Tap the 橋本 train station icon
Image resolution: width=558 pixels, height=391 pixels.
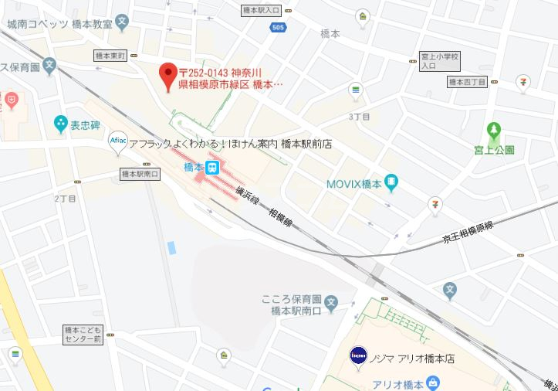pos(213,167)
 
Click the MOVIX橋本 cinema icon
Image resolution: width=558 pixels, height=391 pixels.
pos(391,183)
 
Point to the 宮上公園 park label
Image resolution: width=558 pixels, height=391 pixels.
pos(495,150)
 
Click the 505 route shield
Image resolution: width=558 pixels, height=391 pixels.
pos(277,28)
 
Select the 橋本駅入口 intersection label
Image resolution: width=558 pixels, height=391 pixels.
pos(260,11)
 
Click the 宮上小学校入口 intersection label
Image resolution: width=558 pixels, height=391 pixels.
pos(439,61)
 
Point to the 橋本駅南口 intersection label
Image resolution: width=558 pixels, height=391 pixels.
pos(140,175)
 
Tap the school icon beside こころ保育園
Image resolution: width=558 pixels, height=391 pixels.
pos(331,302)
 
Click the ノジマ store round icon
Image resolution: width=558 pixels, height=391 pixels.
pos(358,357)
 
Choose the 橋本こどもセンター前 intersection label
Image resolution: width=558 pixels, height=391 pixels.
pos(83,335)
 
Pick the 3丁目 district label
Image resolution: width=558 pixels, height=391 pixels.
pos(360,117)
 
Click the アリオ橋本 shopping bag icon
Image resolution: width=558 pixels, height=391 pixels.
pos(433,382)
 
